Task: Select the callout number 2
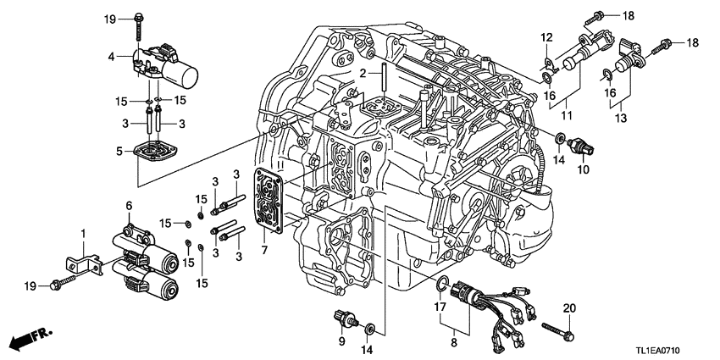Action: tap(362, 75)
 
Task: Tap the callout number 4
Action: tap(111, 57)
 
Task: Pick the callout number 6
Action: tap(130, 205)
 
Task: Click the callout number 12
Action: tap(546, 36)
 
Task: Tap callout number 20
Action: tap(568, 307)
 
